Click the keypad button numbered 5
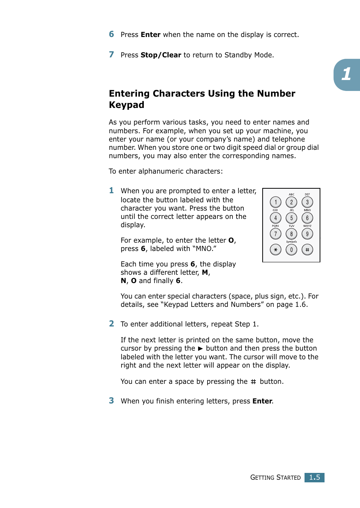[291, 218]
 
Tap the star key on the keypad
[275, 250]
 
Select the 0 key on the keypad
[291, 250]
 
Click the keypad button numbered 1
[275, 202]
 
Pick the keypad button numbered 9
[307, 234]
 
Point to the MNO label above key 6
[307, 210]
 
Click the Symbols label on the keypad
[291, 242]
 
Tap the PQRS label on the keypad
[275, 226]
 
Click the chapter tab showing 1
[346, 74]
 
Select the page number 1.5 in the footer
[314, 477]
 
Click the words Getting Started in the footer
[275, 477]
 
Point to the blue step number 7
[111, 55]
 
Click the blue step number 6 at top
[111, 34]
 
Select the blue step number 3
[111, 401]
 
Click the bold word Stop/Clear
[161, 55]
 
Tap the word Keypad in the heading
[126, 105]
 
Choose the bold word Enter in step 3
[262, 401]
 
